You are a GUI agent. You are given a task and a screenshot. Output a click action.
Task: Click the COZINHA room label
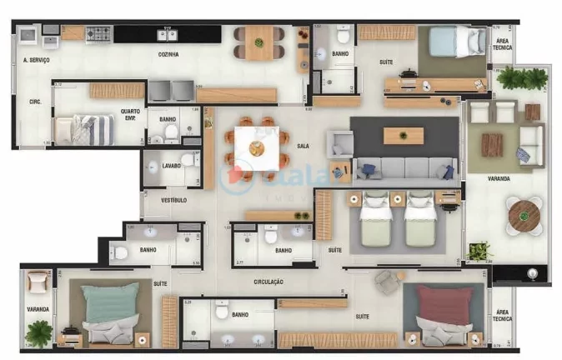click(x=168, y=55)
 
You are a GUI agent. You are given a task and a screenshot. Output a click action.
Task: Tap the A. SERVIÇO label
click(x=37, y=60)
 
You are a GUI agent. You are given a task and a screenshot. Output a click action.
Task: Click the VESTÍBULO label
click(x=174, y=200)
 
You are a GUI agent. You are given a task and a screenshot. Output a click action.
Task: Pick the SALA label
click(x=303, y=146)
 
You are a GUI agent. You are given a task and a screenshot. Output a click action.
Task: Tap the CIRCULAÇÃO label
click(x=268, y=282)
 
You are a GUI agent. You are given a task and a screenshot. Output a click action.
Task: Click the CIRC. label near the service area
click(x=35, y=102)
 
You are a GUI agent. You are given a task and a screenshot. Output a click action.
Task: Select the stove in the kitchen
click(x=98, y=34)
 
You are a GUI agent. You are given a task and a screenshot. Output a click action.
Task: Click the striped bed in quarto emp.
click(x=83, y=130)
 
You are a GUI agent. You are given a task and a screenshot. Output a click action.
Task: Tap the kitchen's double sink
click(x=169, y=34)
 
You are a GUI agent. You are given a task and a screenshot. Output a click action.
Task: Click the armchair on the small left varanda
click(x=38, y=283)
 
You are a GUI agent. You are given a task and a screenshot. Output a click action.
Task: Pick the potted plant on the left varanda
click(x=38, y=331)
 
